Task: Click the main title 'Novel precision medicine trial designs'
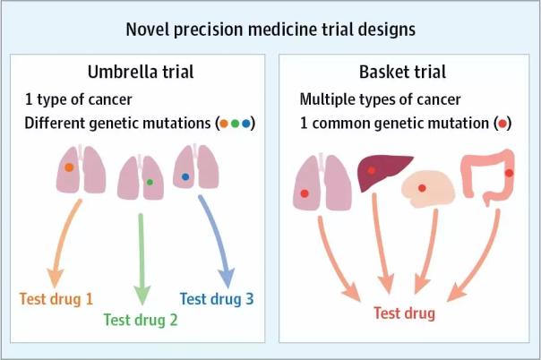tap(270, 30)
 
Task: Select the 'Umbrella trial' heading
tap(141, 72)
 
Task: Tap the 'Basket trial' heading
tap(402, 72)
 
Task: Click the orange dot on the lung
tap(69, 167)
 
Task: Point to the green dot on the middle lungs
tap(150, 182)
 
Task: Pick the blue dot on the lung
tap(185, 177)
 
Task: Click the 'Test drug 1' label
tap(56, 299)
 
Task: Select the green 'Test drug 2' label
tap(141, 320)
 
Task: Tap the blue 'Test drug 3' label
tap(217, 299)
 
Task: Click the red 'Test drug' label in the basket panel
tap(404, 313)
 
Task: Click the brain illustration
tap(428, 189)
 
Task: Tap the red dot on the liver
tap(371, 170)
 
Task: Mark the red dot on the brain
tap(422, 188)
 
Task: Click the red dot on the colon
tap(510, 173)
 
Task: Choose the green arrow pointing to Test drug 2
tap(142, 260)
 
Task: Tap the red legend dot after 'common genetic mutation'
tap(502, 124)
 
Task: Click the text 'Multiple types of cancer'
tap(380, 99)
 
